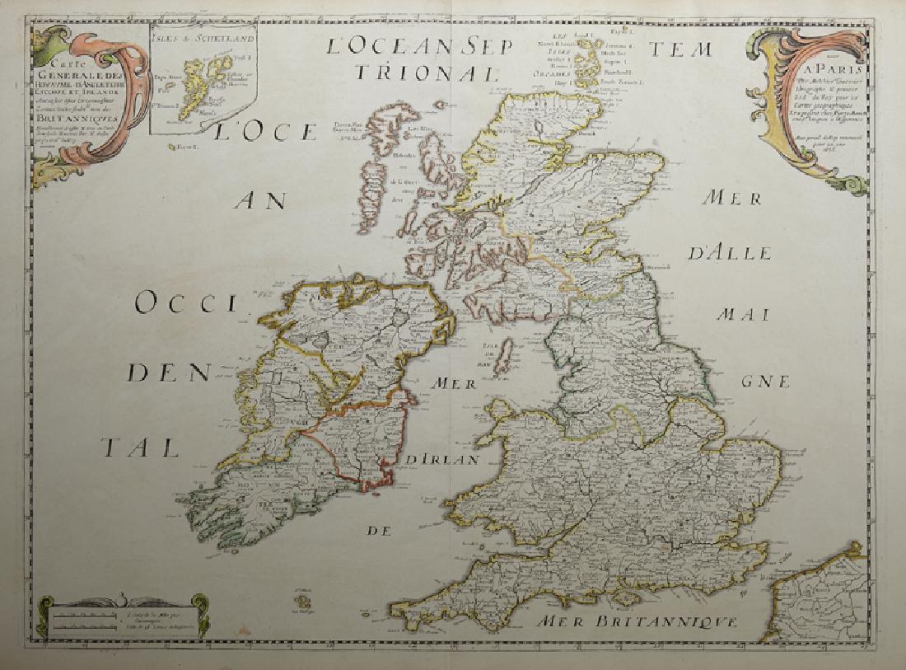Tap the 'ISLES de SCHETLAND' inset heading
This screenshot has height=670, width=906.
[203, 38]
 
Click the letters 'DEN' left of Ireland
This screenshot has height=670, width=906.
[167, 374]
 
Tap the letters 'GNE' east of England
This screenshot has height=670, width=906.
[765, 382]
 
